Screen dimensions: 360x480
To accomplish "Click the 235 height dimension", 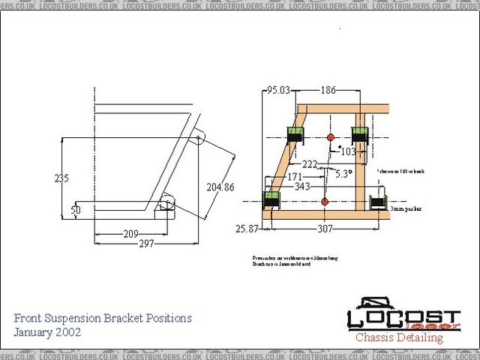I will (61, 178).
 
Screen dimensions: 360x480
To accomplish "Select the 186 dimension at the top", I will (328, 91).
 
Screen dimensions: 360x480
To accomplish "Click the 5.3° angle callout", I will (343, 174).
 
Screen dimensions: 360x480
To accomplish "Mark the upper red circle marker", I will (330, 136).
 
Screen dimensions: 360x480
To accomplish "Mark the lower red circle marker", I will (324, 202).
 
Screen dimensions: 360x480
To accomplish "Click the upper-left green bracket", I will (295, 136).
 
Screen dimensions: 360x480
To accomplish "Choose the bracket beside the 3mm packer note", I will (378, 202).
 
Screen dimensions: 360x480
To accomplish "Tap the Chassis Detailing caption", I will (399, 337).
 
